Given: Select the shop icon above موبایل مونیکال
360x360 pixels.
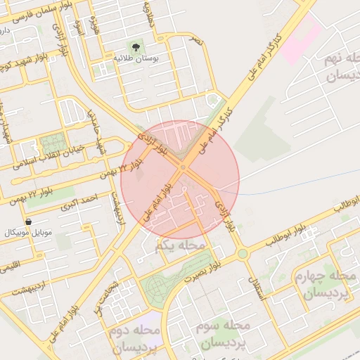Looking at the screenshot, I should tap(27, 221).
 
